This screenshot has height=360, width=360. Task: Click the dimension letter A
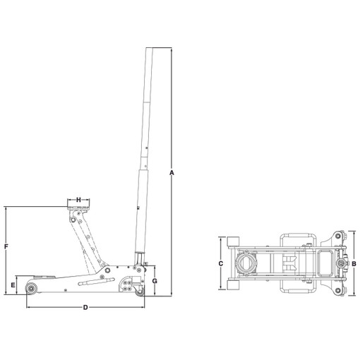pos(172,173)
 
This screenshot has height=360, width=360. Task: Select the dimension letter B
pos(354,264)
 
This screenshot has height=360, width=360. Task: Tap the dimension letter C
pos(221,263)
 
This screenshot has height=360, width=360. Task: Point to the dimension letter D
pos(85,307)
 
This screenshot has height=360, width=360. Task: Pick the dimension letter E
pos(13,285)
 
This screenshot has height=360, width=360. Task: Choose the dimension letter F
pos(6,246)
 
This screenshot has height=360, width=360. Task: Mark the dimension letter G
pos(155,281)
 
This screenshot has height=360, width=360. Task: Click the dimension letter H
pos(78,200)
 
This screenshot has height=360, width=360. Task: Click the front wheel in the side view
pos(31,289)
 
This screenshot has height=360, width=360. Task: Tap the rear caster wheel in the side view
pos(140,293)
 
